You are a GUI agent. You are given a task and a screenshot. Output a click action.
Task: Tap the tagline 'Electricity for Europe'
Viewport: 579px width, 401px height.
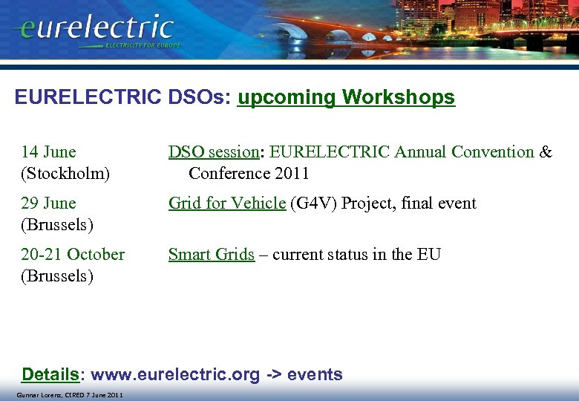[x=143, y=45]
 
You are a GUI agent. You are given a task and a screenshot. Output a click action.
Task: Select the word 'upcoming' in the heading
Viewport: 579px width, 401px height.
[x=286, y=97]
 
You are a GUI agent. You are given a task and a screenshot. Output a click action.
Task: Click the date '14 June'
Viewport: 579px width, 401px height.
[x=49, y=152]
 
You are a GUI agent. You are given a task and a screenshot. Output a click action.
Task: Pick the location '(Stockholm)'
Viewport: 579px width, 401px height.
[x=65, y=174]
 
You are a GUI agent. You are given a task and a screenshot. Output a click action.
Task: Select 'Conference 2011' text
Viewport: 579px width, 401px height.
[x=249, y=174]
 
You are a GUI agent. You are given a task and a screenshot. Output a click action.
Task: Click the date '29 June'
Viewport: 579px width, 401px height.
[x=49, y=203]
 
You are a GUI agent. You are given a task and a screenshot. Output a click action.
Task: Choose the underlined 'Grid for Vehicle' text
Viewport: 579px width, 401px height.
[x=226, y=203]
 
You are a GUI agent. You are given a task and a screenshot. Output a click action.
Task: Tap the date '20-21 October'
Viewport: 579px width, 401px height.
[x=73, y=255]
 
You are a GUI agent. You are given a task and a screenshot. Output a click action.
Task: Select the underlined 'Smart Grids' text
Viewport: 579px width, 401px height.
[x=211, y=255]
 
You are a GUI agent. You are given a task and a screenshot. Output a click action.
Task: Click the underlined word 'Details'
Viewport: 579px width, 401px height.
[x=50, y=374]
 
